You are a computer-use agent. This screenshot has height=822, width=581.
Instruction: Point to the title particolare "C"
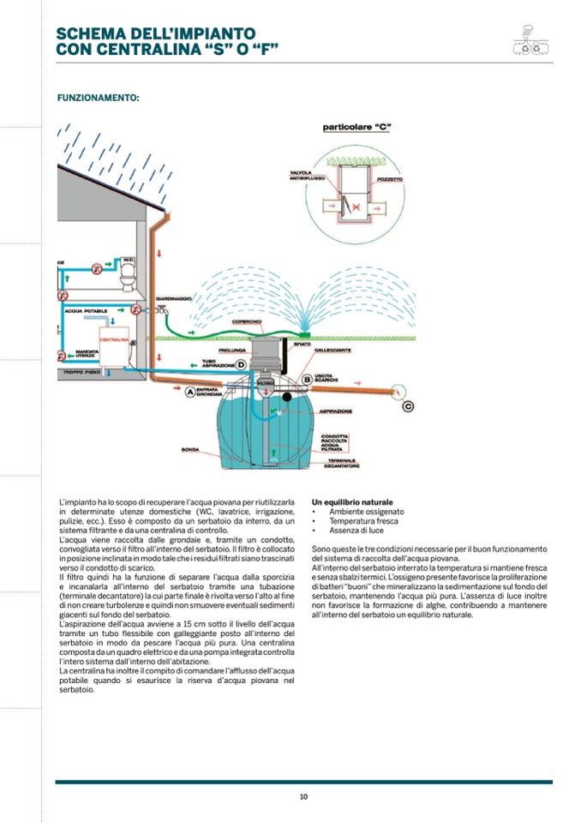356,128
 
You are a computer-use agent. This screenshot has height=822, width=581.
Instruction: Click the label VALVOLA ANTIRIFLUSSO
304,175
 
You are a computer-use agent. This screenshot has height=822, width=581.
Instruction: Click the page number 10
303,796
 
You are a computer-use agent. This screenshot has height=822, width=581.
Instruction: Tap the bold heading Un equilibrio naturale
352,501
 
